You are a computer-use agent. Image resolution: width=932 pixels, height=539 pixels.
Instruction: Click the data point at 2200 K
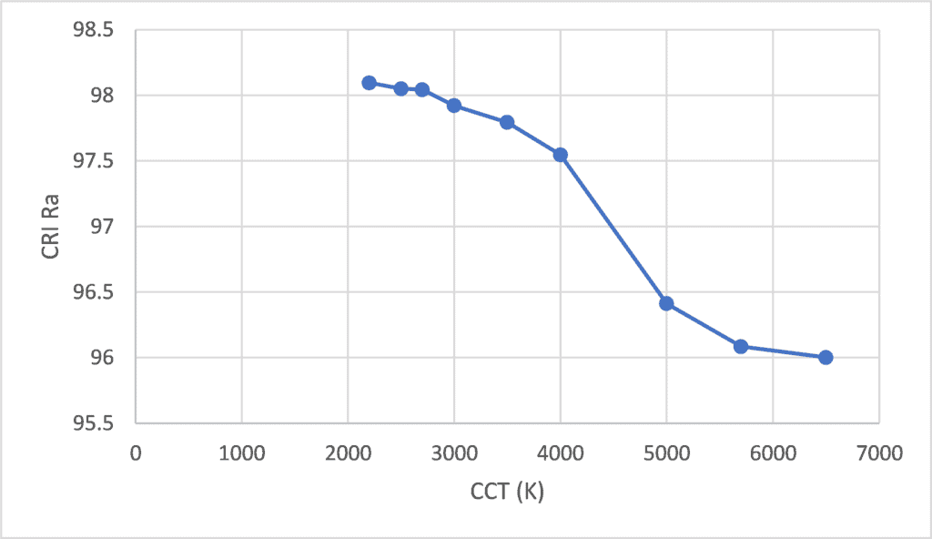369,83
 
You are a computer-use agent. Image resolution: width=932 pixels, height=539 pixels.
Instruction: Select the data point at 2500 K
400,88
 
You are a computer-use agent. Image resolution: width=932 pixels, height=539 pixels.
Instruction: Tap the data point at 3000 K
454,106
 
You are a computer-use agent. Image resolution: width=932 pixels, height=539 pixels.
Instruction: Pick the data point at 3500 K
507,122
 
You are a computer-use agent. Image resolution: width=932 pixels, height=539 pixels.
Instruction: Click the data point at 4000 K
561,155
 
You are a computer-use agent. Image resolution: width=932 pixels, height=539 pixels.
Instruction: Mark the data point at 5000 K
666,303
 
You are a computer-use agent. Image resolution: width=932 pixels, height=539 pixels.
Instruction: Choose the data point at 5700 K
741,346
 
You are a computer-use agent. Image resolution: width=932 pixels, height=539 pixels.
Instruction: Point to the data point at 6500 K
826,357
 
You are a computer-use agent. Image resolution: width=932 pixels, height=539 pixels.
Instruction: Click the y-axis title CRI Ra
51,226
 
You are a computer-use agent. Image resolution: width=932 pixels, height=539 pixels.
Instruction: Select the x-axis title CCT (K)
507,493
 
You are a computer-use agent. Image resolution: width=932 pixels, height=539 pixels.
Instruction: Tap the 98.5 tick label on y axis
93,31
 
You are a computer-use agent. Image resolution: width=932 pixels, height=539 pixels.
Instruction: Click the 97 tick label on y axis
102,227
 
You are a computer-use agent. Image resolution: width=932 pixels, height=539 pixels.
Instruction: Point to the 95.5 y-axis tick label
93,423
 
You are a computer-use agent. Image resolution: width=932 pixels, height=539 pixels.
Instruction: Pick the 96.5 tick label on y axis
93,292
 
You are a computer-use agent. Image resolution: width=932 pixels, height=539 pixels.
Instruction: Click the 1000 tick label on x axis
241,452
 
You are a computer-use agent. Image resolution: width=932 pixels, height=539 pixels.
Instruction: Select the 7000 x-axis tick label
878,452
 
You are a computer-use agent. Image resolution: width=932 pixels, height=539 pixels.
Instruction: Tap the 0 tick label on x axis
136,452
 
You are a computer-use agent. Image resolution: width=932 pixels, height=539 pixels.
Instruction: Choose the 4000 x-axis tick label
560,452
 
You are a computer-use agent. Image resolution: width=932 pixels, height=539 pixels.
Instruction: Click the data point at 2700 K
422,89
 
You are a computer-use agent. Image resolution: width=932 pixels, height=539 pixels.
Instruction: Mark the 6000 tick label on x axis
773,452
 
